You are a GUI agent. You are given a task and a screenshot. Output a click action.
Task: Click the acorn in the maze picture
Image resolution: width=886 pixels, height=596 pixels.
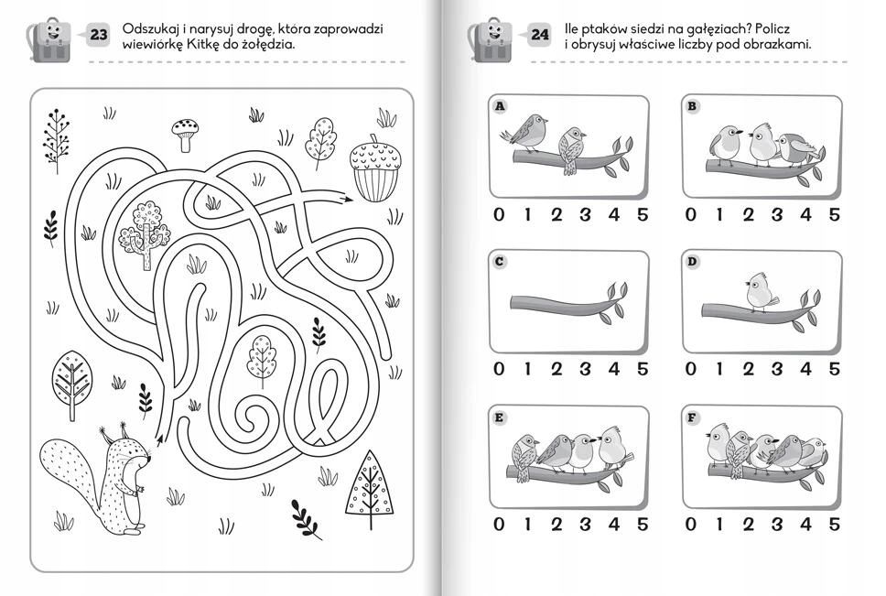[373, 168]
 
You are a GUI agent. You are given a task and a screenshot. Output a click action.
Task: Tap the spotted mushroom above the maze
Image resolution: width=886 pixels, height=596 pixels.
[185, 135]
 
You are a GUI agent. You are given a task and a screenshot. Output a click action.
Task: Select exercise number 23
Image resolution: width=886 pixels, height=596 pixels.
[98, 35]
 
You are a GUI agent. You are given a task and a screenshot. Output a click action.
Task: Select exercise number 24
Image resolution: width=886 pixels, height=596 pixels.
[540, 35]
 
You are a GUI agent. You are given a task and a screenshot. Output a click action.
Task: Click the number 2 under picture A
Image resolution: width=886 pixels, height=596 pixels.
[556, 214]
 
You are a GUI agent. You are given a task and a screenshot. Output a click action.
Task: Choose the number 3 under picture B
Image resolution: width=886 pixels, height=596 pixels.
[777, 214]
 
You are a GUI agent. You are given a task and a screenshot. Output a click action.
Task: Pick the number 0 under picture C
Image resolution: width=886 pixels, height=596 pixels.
[498, 369]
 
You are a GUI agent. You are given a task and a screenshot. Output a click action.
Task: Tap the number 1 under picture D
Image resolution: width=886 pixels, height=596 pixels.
[719, 369]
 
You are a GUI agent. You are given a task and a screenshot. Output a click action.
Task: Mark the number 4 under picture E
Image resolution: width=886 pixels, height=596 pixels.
[613, 524]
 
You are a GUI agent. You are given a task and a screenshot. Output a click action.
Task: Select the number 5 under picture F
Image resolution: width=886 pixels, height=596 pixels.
[834, 524]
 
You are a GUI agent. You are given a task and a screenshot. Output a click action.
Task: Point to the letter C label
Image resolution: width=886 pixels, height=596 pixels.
[500, 262]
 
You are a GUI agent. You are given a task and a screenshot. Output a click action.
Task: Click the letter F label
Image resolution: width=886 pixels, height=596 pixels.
[692, 418]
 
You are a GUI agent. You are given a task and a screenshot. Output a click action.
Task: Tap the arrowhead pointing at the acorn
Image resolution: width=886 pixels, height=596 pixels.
[345, 198]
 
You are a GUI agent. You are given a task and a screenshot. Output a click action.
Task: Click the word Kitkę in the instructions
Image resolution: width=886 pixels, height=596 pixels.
[201, 44]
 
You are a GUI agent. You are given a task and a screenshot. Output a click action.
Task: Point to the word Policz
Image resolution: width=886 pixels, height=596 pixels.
[772, 28]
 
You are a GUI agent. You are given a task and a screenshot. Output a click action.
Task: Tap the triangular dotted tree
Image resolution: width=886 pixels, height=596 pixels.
[370, 489]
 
